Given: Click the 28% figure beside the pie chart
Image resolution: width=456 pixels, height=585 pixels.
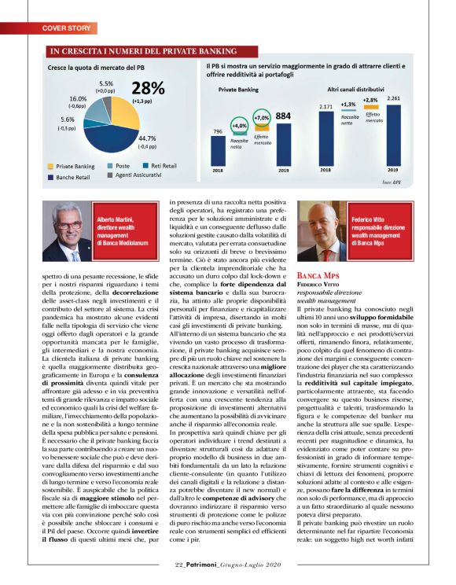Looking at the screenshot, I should [x=149, y=90].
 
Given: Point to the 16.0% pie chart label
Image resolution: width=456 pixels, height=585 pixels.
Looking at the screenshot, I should [x=77, y=98].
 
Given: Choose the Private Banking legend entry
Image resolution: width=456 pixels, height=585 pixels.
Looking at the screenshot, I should [x=78, y=167].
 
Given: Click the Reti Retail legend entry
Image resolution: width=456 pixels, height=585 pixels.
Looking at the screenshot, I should [x=162, y=167].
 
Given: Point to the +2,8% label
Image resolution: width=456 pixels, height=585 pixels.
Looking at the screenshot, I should [x=370, y=100].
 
